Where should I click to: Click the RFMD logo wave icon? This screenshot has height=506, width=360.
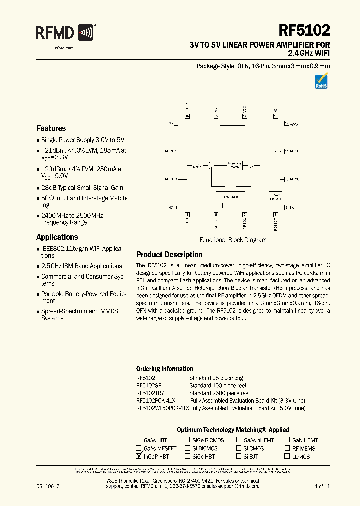pyautogui.click(x=86, y=33)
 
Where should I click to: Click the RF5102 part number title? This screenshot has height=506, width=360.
pyautogui.click(x=305, y=31)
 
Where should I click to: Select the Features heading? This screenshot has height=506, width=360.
pyautogui.click(x=51, y=128)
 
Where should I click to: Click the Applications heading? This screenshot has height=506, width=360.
pyautogui.click(x=57, y=237)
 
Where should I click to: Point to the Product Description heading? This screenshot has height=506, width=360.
pyautogui.click(x=169, y=255)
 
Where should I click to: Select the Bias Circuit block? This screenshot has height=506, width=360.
pyautogui.click(x=230, y=197)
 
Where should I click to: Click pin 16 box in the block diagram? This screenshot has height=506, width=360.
pyautogui.click(x=187, y=116)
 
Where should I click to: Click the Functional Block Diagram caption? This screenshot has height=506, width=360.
pyautogui.click(x=233, y=240)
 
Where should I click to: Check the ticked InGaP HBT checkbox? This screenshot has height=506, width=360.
pyautogui.click(x=139, y=456)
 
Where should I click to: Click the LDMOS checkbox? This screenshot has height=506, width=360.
pyautogui.click(x=287, y=456)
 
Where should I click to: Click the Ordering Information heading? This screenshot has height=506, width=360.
pyautogui.click(x=164, y=369)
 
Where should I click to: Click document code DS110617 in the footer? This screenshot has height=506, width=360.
pyautogui.click(x=48, y=486)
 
